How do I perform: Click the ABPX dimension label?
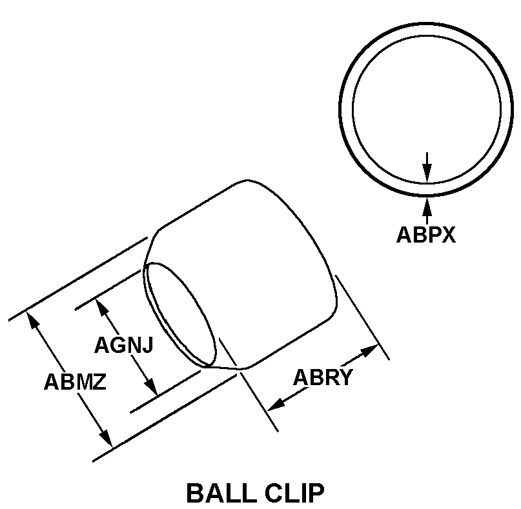pyautogui.click(x=425, y=235)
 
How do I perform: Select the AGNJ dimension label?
pyautogui.click(x=124, y=345)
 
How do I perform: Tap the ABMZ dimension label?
pyautogui.click(x=75, y=382)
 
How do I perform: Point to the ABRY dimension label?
pyautogui.click(x=322, y=377)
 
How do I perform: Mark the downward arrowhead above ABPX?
pyautogui.click(x=427, y=173)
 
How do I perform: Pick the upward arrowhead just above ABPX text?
pyautogui.click(x=427, y=206)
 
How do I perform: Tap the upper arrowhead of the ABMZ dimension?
pyautogui.click(x=33, y=320)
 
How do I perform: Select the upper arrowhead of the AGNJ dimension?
pyautogui.click(x=103, y=307)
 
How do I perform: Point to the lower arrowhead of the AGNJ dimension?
pyautogui.click(x=151, y=386)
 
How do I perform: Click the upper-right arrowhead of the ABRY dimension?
pyautogui.click(x=369, y=350)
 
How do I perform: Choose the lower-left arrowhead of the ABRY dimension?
pyautogui.click(x=276, y=404)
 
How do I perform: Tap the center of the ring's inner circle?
pyautogui.click(x=427, y=109)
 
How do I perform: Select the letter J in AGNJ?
pyautogui.click(x=148, y=345)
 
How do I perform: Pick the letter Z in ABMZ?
pyautogui.click(x=99, y=382)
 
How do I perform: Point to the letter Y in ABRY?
pyautogui.click(x=345, y=377)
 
